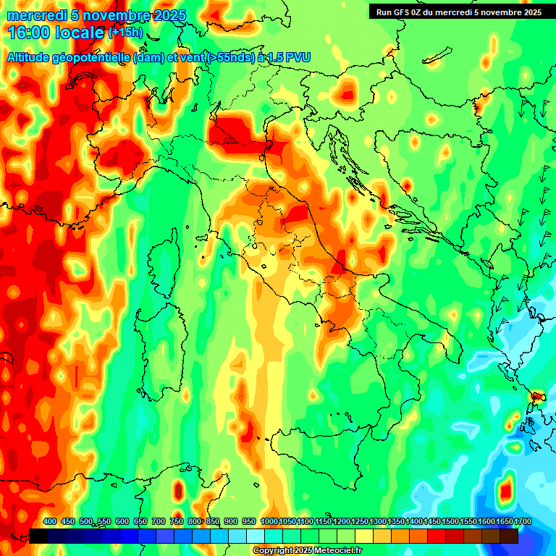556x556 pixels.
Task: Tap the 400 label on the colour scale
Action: tap(50, 521)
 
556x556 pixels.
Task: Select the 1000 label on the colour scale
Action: tap(269, 521)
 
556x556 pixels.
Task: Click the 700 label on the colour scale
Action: tap(159, 521)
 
